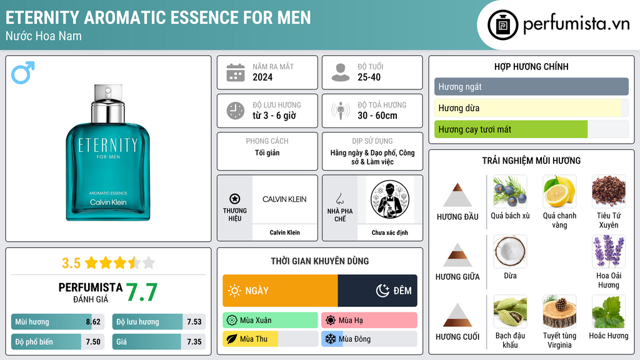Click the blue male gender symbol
click(23, 72)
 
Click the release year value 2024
click(262, 77)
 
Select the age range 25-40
click(369, 77)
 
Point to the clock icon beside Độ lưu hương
click(236, 111)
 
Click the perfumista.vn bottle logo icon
click(503, 25)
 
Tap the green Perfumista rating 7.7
click(142, 292)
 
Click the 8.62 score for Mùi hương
click(93, 322)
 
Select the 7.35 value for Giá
click(194, 342)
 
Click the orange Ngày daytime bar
click(280, 291)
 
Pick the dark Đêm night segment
click(377, 291)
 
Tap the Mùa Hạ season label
click(351, 321)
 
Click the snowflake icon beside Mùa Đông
click(330, 339)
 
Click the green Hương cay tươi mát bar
click(511, 129)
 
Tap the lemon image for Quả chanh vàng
click(559, 191)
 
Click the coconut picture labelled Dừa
click(510, 251)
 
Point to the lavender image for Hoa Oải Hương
click(609, 251)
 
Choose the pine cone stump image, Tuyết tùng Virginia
click(559, 311)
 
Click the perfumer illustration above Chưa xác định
click(390, 199)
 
